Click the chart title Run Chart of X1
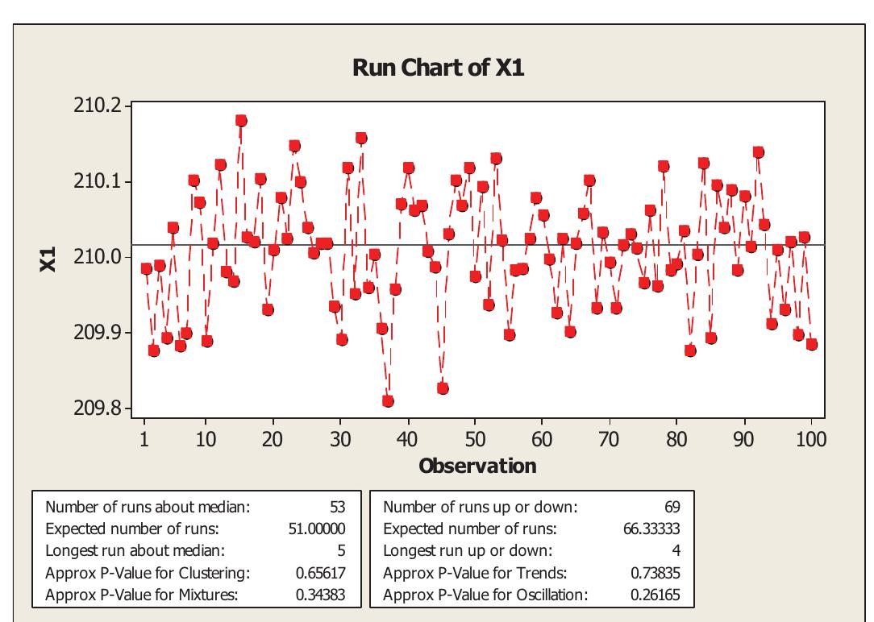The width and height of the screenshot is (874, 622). click(x=438, y=68)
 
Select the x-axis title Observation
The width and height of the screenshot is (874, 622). click(x=477, y=466)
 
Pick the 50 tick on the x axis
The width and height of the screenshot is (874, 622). click(x=476, y=439)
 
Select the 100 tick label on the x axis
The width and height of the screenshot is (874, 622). click(x=810, y=439)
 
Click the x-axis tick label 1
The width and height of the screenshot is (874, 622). click(x=144, y=439)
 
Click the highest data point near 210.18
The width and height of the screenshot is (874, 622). click(x=241, y=121)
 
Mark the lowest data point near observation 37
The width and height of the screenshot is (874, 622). click(x=388, y=401)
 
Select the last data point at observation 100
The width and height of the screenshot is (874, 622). click(x=811, y=344)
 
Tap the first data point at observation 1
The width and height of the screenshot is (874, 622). click(x=146, y=269)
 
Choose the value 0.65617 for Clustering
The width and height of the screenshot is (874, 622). click(x=322, y=574)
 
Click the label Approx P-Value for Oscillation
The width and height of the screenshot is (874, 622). click(x=485, y=595)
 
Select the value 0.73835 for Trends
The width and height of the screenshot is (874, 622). click(x=656, y=574)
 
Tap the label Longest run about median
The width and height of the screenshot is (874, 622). click(x=135, y=551)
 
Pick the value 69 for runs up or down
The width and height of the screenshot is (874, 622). click(x=672, y=508)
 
